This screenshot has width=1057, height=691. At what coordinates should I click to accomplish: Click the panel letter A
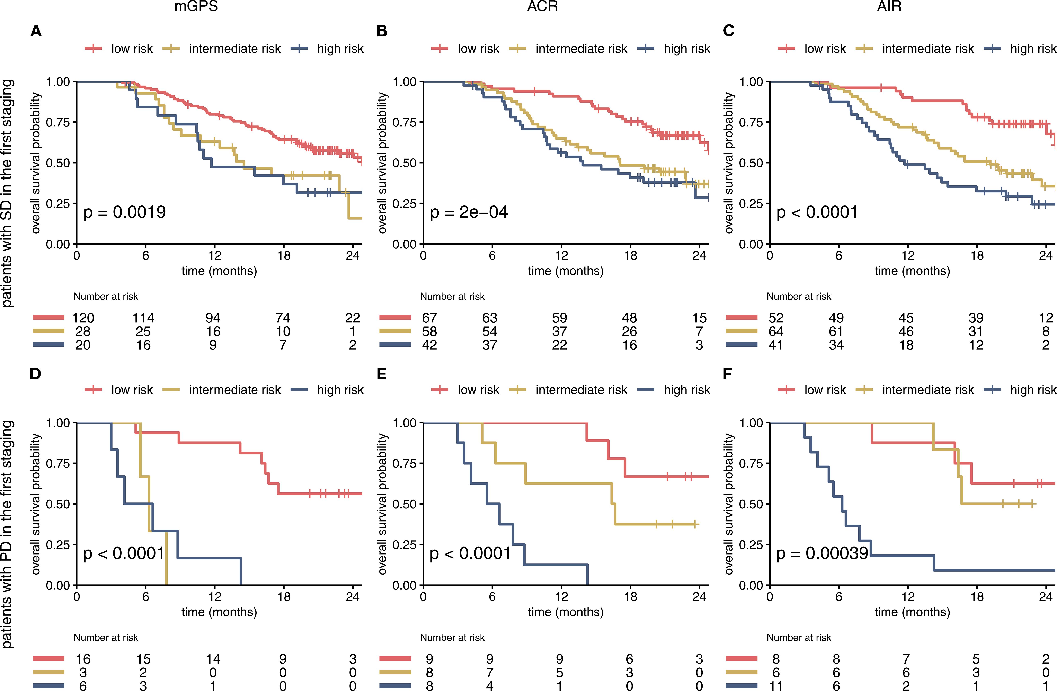[36, 31]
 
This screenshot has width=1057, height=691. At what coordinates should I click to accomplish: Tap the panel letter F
[727, 374]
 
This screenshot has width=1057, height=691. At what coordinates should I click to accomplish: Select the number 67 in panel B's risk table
[429, 318]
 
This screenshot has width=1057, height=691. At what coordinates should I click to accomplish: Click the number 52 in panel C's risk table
[776, 318]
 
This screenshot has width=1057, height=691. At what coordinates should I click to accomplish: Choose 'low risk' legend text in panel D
[132, 390]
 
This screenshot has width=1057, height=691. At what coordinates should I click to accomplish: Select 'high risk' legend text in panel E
[687, 390]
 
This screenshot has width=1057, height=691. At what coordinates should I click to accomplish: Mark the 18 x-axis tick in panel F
[977, 596]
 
